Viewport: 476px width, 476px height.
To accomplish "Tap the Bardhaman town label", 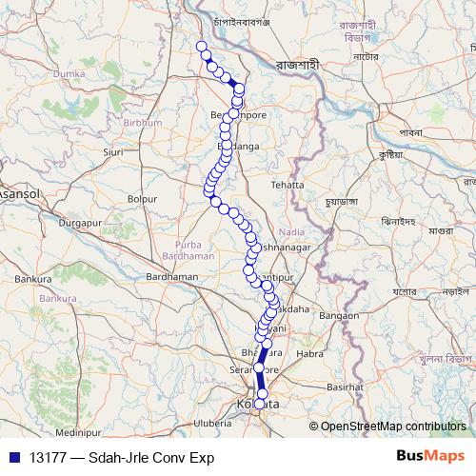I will pyautogui.click(x=172, y=277).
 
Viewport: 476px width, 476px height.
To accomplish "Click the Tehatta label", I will pyautogui.click(x=287, y=185).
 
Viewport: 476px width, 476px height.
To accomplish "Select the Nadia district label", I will pyautogui.click(x=293, y=231).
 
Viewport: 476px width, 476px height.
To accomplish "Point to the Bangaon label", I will pyautogui.click(x=339, y=315).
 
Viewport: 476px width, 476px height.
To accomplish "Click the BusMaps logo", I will pyautogui.click(x=430, y=456).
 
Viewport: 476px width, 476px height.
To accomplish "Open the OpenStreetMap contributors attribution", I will pyautogui.click(x=393, y=426).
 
